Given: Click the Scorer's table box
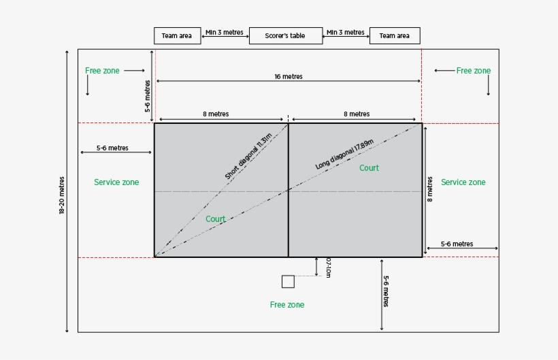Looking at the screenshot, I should click(x=286, y=36).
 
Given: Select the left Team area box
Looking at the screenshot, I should click(x=177, y=36).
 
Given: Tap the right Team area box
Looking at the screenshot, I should click(x=395, y=36).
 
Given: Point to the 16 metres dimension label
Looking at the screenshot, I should click(x=289, y=77).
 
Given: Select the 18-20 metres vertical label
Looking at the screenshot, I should click(x=62, y=196).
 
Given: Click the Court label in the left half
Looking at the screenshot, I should click(x=216, y=219).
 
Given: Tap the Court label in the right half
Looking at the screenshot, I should click(x=370, y=168).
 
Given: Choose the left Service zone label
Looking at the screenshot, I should click(x=116, y=182).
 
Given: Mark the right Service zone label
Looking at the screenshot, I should click(x=463, y=182).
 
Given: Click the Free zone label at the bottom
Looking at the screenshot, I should click(x=287, y=305).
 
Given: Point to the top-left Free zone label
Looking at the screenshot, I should click(x=102, y=71).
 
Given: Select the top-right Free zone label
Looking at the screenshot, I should click(x=474, y=71).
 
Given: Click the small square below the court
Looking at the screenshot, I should click(x=288, y=282).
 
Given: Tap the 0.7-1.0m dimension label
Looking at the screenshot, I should click(x=329, y=267).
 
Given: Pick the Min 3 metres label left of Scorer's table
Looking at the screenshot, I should click(x=224, y=32).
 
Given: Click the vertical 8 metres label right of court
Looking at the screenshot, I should click(x=430, y=189).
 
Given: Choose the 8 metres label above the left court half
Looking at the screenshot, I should click(x=216, y=114).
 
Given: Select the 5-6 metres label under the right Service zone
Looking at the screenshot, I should click(x=457, y=244).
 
